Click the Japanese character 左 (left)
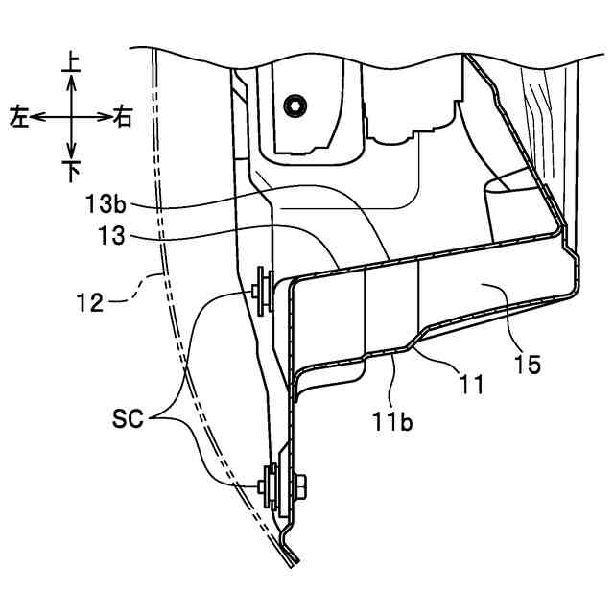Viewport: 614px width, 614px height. [19, 117]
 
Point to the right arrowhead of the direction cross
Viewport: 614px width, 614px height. [106, 117]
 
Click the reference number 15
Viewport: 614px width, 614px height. [527, 364]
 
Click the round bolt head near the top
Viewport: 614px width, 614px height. [295, 103]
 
